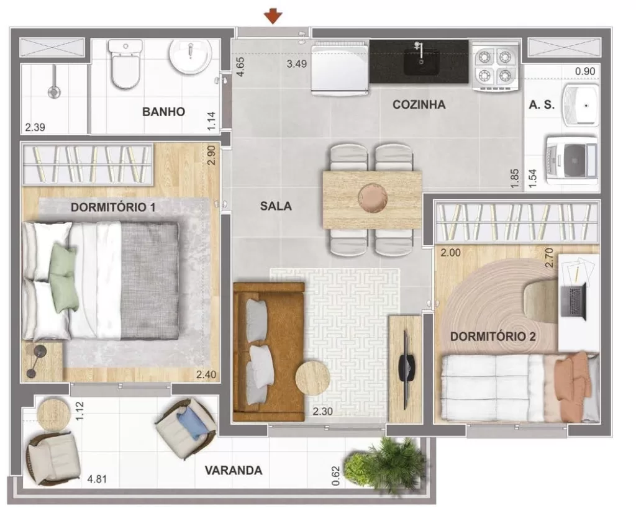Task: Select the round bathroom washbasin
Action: tap(189, 57)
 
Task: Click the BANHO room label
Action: tap(163, 112)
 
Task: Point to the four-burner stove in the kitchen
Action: tap(495, 66)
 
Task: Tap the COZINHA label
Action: tap(419, 104)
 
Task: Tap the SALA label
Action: tap(276, 206)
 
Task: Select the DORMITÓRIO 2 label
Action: tap(493, 337)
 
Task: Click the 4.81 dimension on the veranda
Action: tap(97, 479)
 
